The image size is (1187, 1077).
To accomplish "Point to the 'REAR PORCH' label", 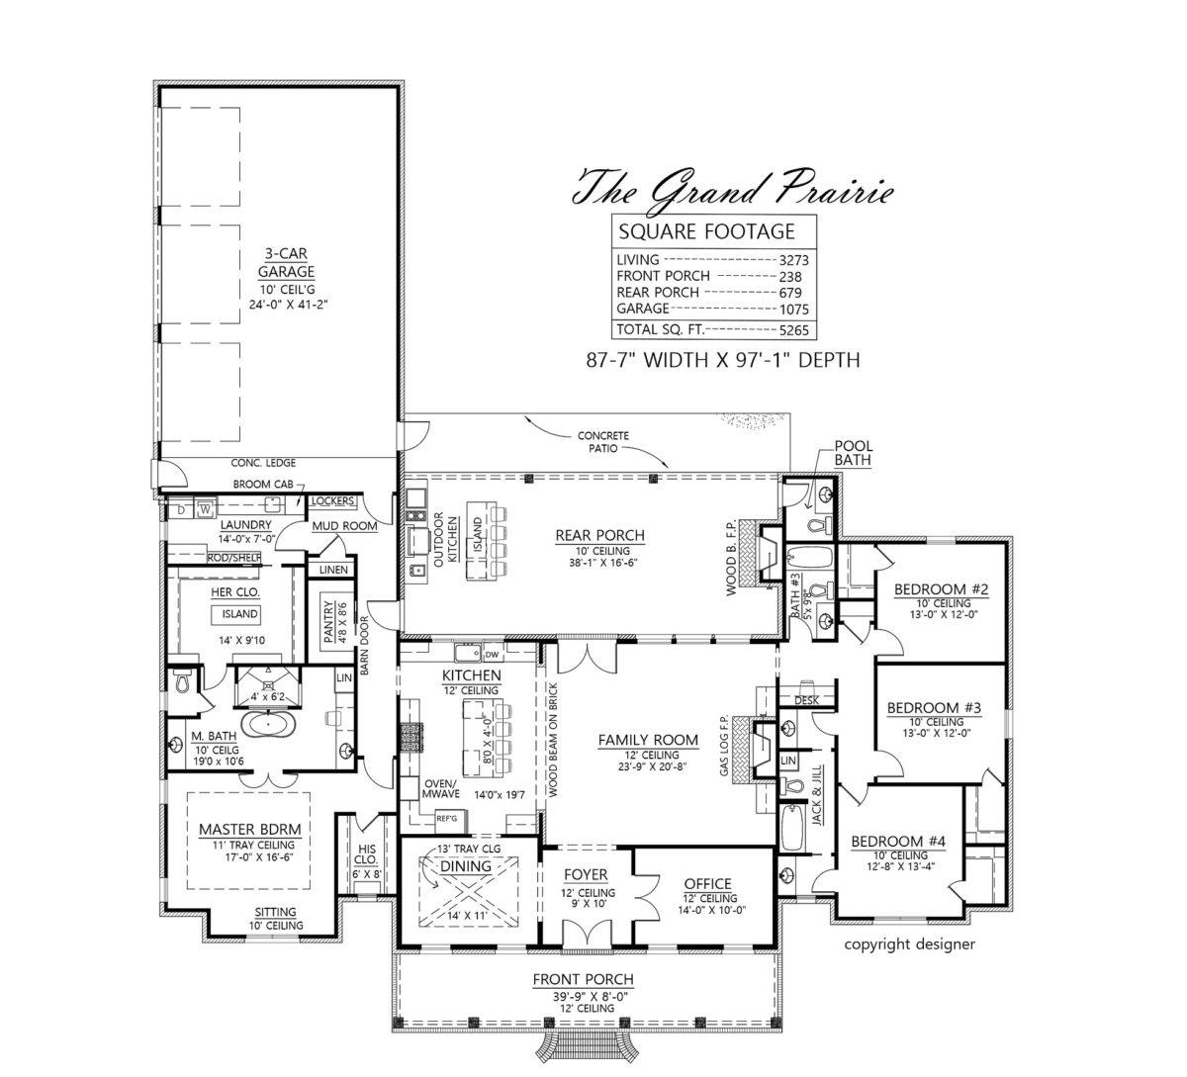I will [599, 536].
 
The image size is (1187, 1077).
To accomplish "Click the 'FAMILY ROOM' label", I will [648, 740].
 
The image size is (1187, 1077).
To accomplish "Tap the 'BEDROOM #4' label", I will [899, 842].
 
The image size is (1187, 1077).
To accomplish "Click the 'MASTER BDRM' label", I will [249, 829].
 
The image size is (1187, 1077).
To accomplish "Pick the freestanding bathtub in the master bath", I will [264, 725].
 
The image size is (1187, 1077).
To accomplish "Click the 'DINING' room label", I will [465, 865].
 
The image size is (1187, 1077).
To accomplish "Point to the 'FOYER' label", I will [586, 875].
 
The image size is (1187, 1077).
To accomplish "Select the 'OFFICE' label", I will [707, 883].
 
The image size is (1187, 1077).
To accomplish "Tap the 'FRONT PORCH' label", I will [582, 979].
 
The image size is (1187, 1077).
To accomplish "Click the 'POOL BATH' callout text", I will [853, 453].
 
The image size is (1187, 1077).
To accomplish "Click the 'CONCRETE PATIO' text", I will [603, 441].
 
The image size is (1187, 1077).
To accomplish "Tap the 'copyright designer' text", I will [909, 943].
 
